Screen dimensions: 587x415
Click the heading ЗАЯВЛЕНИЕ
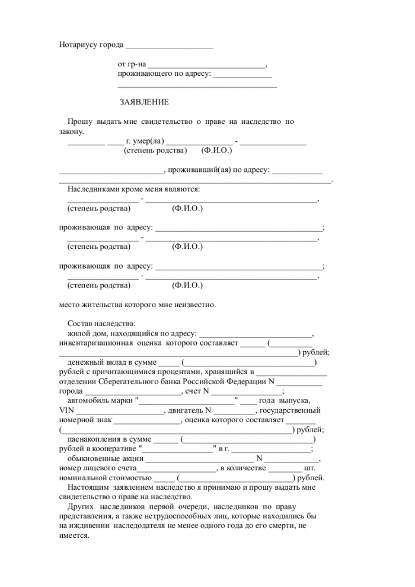pyautogui.click(x=144, y=102)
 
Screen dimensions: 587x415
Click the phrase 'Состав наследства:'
pyautogui.click(x=101, y=323)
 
